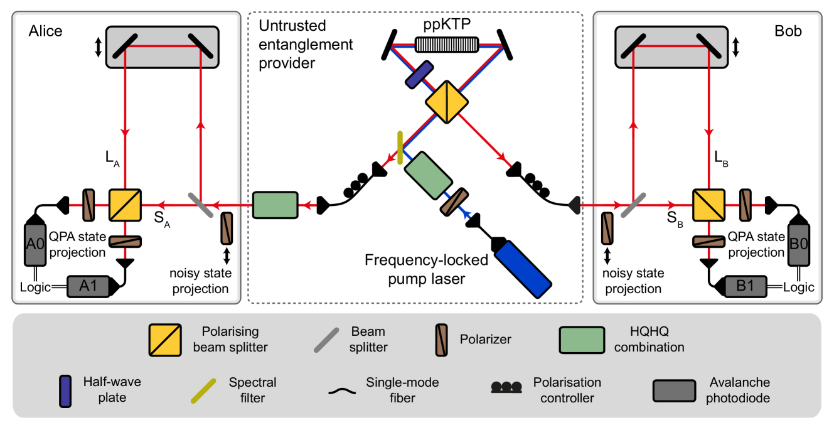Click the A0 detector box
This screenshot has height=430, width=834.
click(35, 245)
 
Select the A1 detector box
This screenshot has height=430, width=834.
click(88, 286)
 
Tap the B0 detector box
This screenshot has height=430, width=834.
click(798, 245)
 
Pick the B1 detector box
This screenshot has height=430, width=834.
click(746, 286)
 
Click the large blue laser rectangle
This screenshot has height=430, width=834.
click(523, 269)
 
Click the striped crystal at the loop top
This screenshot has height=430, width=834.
click(447, 45)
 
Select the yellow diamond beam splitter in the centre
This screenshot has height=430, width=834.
click(447, 102)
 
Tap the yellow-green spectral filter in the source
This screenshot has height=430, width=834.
click(400, 148)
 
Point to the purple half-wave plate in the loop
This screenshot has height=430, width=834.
click(419, 74)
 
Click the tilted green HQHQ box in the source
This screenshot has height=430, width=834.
click(428, 175)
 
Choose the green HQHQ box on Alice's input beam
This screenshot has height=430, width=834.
click(275, 205)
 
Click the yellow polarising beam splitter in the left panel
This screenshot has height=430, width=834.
click(125, 205)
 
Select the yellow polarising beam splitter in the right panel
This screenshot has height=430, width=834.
click(708, 205)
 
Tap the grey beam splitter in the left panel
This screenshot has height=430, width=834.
click(201, 205)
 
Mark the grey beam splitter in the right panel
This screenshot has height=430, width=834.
click(633, 205)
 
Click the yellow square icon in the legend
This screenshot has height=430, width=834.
click(165, 340)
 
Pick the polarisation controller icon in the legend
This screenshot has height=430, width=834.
click(506, 387)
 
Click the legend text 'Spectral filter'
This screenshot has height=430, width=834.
click(252, 390)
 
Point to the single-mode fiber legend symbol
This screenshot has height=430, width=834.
click(342, 391)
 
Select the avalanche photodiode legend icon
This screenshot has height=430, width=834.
click(674, 390)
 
